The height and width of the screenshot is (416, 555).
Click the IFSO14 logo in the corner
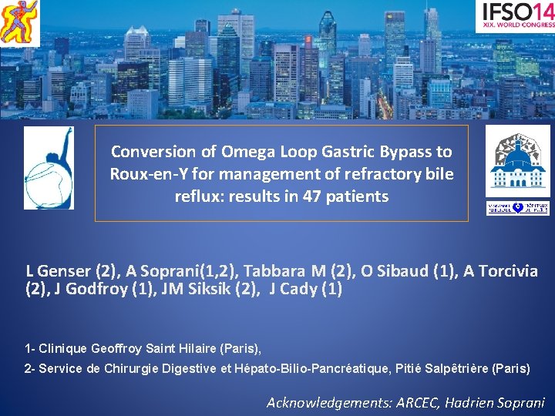pos(515,15)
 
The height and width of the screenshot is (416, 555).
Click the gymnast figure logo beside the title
pos(49,167)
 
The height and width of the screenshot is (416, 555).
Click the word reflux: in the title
pos(200,196)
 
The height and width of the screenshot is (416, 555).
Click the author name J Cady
pos(294,290)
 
